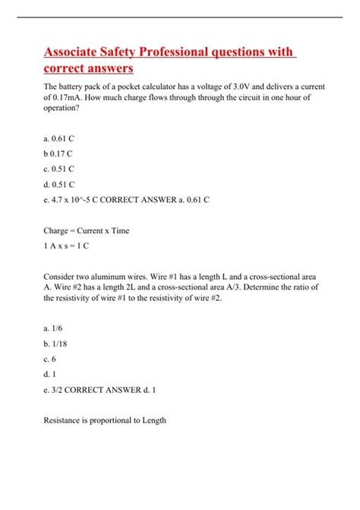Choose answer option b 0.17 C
(58, 152)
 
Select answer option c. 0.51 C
(59, 168)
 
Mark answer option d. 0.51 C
(59, 184)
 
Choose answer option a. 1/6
(53, 327)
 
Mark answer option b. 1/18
(55, 343)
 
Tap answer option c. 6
(49, 358)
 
